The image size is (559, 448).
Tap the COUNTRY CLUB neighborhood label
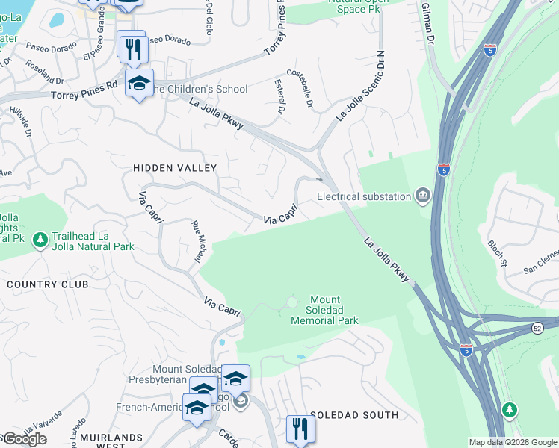click(x=47, y=284)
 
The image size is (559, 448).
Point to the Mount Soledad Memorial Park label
click(x=324, y=310)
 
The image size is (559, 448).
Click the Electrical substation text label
click(x=364, y=196)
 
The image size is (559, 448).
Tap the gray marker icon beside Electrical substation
click(x=423, y=196)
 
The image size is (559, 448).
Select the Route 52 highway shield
click(x=537, y=328)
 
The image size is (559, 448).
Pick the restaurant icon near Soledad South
click(x=300, y=429)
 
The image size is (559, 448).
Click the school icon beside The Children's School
click(x=138, y=84)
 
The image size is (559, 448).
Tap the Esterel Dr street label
click(x=281, y=96)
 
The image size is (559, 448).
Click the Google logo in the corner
click(x=24, y=439)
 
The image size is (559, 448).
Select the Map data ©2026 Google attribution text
click(x=513, y=442)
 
